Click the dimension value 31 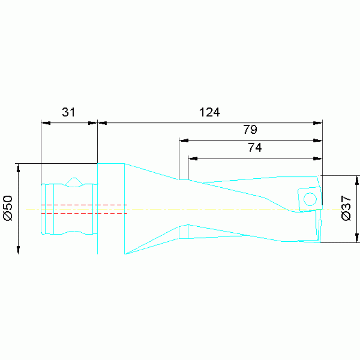click(69, 112)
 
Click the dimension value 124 click(209, 112)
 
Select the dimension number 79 click(250, 130)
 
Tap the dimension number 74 click(255, 148)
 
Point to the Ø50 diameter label click(8, 208)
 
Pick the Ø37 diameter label click(346, 208)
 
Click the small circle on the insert click(310, 199)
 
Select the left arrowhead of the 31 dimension click(46, 123)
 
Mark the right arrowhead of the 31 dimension click(93, 123)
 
